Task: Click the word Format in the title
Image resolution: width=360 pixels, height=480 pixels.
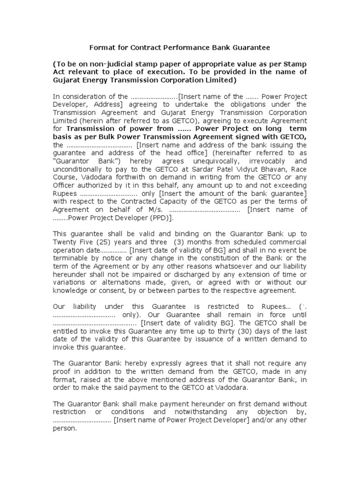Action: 101,47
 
